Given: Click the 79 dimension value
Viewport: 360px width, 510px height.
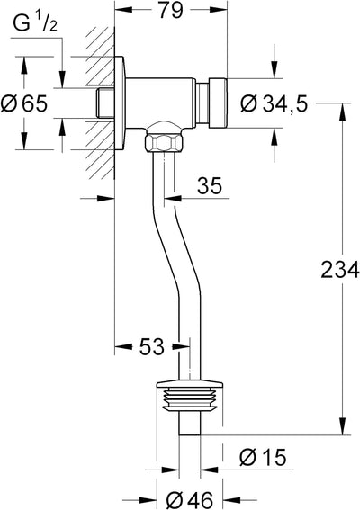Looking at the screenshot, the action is (x=171, y=11).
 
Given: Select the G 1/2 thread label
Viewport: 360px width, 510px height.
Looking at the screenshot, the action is (x=35, y=24).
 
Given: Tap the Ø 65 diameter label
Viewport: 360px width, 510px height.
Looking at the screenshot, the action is (x=24, y=104).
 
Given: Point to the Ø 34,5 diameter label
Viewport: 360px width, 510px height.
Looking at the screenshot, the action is (x=274, y=104).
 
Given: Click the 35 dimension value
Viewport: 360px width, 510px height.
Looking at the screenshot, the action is (x=211, y=186).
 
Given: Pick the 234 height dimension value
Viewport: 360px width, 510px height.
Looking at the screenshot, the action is (x=340, y=270).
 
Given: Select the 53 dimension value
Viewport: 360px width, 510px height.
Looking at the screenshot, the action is (x=152, y=346).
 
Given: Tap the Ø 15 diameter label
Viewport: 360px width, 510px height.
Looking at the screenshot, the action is (x=263, y=457).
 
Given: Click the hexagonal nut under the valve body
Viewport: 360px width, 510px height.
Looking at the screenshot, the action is (x=164, y=142).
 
